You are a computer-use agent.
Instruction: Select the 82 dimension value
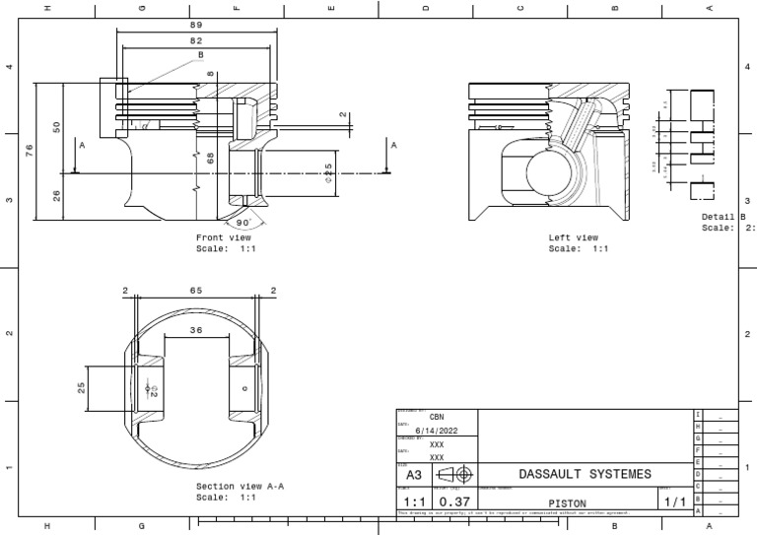click(197, 40)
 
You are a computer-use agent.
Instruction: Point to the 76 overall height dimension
click(30, 149)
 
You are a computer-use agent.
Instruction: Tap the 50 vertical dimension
click(56, 127)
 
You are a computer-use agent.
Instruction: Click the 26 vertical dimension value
click(56, 196)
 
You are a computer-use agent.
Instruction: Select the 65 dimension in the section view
click(196, 291)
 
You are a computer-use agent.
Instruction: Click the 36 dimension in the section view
click(196, 330)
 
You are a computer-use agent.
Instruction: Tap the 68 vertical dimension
click(211, 157)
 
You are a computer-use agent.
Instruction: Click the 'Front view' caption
click(224, 237)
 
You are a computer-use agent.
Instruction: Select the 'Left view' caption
click(574, 237)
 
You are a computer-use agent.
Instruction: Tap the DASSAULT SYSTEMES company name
click(585, 474)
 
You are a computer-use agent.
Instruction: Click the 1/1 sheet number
click(674, 502)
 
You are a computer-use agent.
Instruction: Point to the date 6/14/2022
click(437, 430)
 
